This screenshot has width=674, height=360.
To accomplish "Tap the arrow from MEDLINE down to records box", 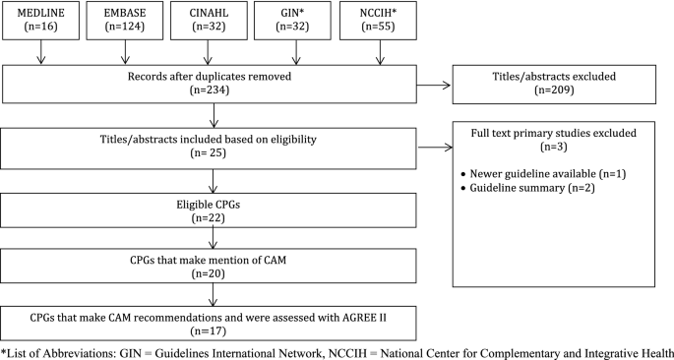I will point(40,56).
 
